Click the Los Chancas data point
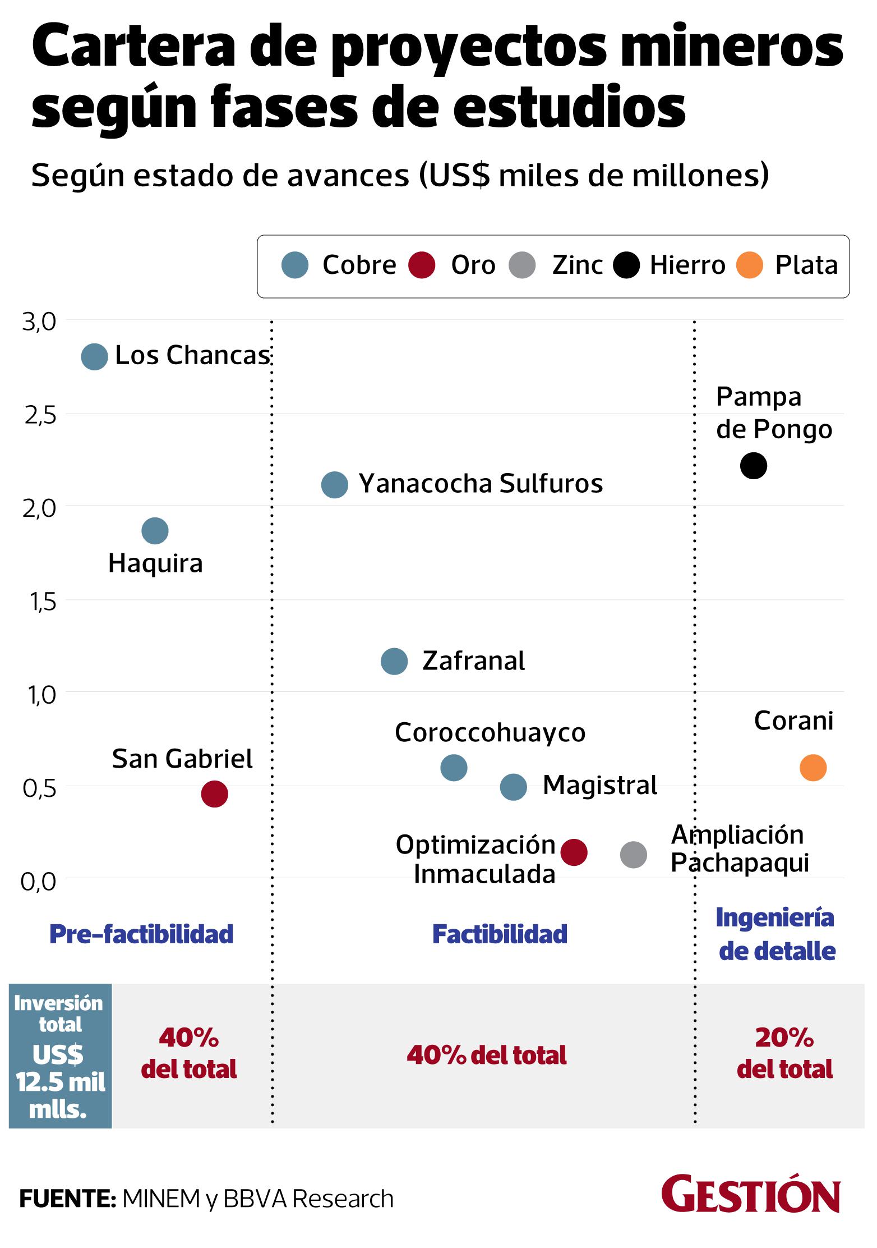point(94,356)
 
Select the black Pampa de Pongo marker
point(753,465)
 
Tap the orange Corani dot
point(813,767)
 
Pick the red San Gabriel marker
point(214,793)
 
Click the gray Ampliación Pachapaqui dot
point(633,855)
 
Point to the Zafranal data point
point(394,662)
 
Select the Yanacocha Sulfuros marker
point(335,484)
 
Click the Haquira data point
point(155,530)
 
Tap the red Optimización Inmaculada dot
point(574,852)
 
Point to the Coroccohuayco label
point(490,732)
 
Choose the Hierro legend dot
point(626,265)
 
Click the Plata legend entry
point(806,265)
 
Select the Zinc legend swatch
point(522,265)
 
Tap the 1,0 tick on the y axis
point(40,695)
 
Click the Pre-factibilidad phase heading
point(141,934)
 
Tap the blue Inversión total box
point(60,1056)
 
